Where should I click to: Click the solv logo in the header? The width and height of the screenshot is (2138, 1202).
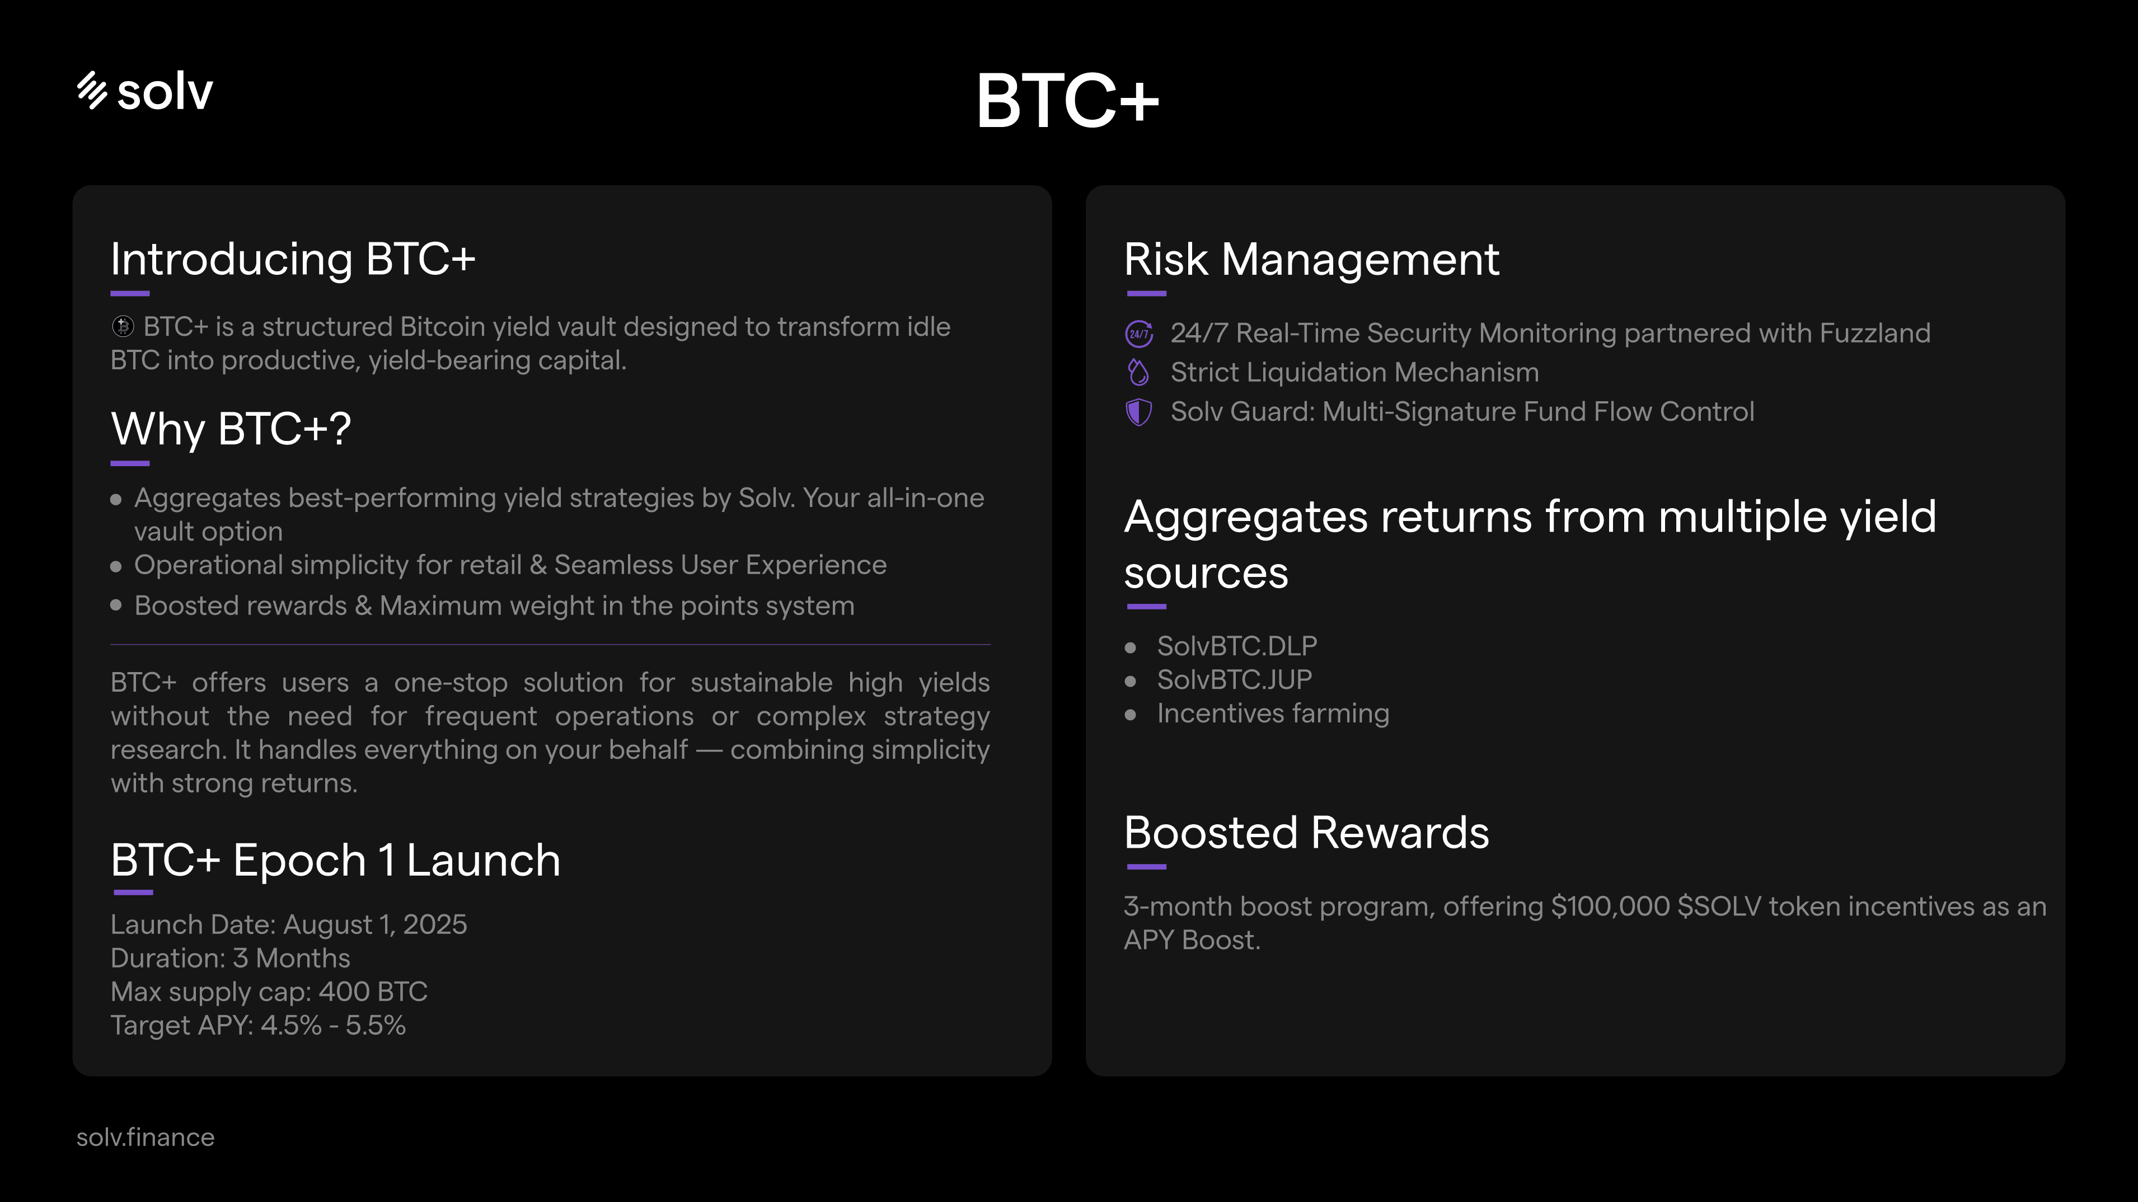[x=146, y=91]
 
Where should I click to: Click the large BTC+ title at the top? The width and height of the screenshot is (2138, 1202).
[x=1067, y=100]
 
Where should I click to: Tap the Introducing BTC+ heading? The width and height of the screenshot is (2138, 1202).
[x=293, y=259]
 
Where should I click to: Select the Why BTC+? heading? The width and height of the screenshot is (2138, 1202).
[x=231, y=429]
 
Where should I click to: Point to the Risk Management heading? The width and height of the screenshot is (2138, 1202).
[x=1311, y=259]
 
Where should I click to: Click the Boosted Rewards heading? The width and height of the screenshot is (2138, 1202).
[x=1306, y=833]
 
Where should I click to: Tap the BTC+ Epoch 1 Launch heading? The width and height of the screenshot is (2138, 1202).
[x=335, y=860]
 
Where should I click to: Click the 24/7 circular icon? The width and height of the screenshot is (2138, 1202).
[x=1139, y=334]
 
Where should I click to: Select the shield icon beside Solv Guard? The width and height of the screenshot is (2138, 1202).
[x=1139, y=412]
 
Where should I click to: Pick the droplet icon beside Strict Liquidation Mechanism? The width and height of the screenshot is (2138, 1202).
[x=1139, y=373]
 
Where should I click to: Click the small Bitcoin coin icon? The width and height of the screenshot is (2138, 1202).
[x=123, y=327]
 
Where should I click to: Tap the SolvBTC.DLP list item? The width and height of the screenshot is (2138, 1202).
[x=1237, y=646]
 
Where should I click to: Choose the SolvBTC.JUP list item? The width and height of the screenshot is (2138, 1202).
[x=1234, y=680]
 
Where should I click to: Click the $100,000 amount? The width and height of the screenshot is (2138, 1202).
[x=1610, y=907]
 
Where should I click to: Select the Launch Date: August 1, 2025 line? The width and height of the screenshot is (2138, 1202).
[x=289, y=925]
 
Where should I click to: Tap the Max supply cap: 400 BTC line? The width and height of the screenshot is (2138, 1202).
[x=269, y=992]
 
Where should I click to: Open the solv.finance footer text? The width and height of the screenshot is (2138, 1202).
[x=146, y=1137]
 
